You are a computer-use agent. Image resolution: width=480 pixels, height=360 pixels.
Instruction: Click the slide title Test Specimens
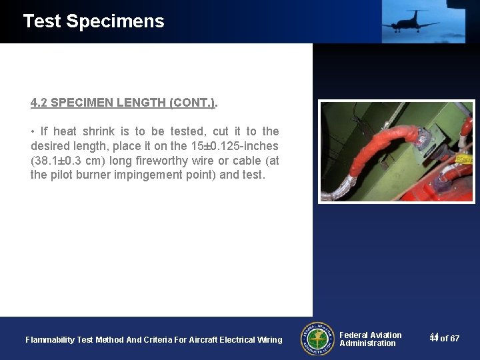pos(93,21)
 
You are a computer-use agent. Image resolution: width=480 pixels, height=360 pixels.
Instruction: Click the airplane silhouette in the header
pos(409,21)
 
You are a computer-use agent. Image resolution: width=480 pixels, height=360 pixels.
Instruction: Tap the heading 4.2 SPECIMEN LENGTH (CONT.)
pos(124,103)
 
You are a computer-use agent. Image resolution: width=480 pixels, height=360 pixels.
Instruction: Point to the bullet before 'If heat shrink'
pos(33,131)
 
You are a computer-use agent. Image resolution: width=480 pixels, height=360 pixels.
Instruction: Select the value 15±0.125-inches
pos(237,146)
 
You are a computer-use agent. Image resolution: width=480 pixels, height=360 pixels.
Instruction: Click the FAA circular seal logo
pos(317,339)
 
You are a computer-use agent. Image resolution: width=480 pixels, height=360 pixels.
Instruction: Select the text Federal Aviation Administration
pos(370,339)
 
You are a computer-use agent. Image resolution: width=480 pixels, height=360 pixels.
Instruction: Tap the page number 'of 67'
pos(450,339)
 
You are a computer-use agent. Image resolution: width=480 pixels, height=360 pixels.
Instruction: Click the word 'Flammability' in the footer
pos(50,340)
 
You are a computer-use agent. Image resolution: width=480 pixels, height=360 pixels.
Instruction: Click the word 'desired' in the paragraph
pos(49,146)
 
